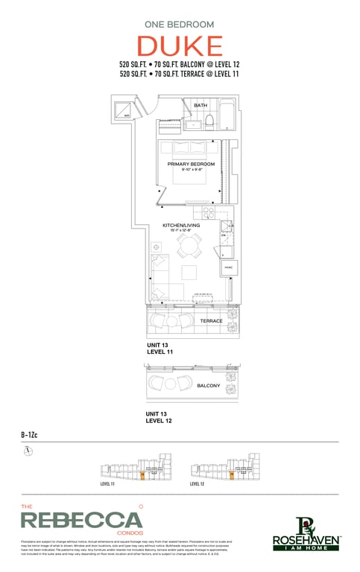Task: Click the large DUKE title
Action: pyautogui.click(x=180, y=46)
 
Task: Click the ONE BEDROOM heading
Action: pyautogui.click(x=180, y=24)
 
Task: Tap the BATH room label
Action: pyautogui.click(x=200, y=106)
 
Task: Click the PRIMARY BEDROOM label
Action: pyautogui.click(x=191, y=164)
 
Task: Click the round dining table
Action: pyautogui.click(x=190, y=245)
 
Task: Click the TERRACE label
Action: pyautogui.click(x=211, y=321)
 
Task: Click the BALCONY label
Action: pyautogui.click(x=208, y=386)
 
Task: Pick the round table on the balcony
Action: pyautogui.click(x=168, y=384)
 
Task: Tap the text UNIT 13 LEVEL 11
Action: pyautogui.click(x=160, y=349)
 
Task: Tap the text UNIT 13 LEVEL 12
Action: pyautogui.click(x=160, y=418)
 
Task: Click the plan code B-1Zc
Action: pyautogui.click(x=31, y=435)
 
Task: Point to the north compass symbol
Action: pyautogui.click(x=28, y=451)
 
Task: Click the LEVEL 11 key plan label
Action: pyautogui.click(x=107, y=484)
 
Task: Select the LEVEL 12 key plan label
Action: pyautogui.click(x=197, y=484)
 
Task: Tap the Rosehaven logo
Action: pyautogui.click(x=306, y=534)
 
